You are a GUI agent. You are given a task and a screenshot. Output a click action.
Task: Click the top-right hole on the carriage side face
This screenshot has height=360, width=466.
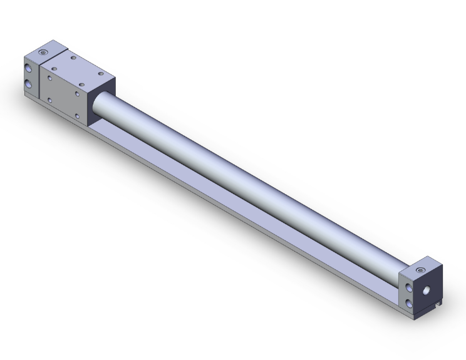point(76,93)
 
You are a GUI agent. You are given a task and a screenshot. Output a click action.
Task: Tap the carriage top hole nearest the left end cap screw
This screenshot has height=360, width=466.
point(74,58)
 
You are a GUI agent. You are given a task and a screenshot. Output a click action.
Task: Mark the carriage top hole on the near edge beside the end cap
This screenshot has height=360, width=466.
point(54,68)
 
